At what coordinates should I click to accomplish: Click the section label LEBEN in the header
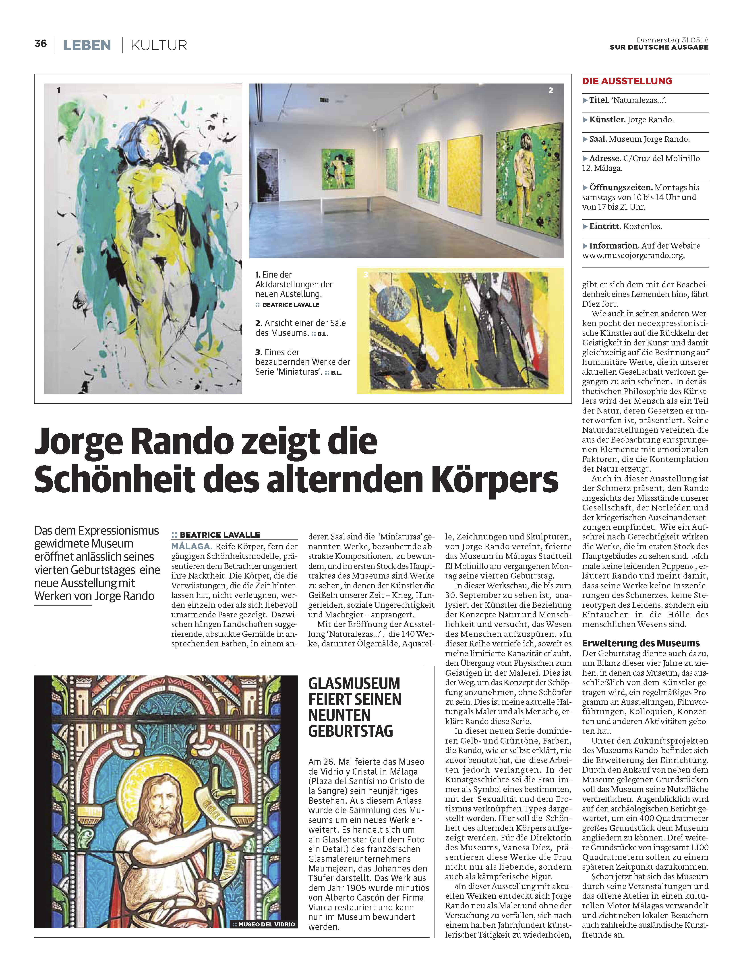[87, 45]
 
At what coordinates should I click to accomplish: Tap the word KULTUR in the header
[159, 45]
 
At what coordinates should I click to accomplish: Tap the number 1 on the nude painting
[59, 90]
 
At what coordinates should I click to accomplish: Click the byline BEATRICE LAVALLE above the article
[220, 535]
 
